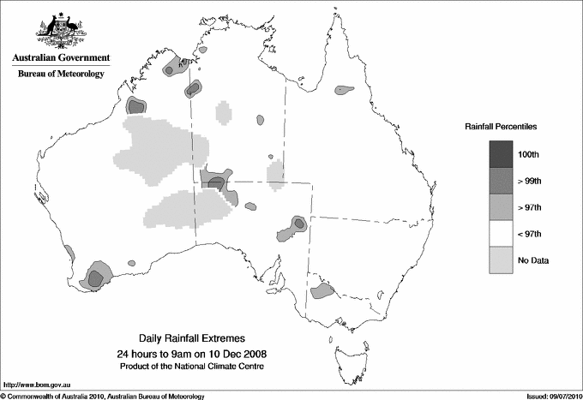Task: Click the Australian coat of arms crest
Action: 61,31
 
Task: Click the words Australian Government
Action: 61,58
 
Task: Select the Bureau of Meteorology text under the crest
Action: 61,74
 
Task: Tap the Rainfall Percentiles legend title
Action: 501,126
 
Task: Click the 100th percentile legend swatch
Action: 502,154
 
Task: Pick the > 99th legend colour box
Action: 502,181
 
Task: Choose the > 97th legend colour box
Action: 502,207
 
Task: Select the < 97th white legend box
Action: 502,234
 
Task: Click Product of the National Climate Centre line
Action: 198,366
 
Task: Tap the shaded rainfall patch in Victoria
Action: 322,291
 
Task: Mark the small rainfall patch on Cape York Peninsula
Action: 345,88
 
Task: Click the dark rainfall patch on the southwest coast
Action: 97,277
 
